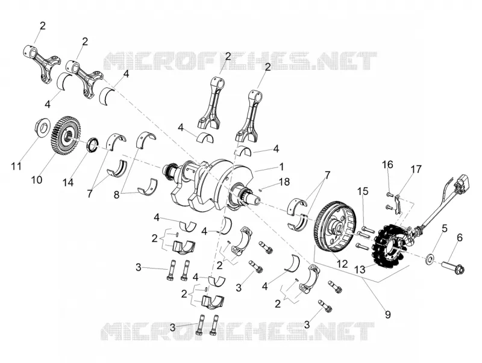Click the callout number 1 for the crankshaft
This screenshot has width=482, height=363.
coord(281,167)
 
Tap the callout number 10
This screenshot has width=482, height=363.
coord(37,179)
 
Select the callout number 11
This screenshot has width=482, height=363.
coord(16,167)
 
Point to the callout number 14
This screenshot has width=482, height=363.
coord(68,182)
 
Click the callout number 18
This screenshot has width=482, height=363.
coord(284,182)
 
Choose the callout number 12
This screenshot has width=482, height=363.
coord(342,264)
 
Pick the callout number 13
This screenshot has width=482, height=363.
coord(360,270)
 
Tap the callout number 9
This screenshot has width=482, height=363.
coord(388,314)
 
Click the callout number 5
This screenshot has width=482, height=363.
coord(445,229)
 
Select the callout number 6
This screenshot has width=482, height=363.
coord(460,237)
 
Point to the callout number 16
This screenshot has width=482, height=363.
coord(387,164)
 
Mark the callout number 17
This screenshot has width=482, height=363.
coord(416,169)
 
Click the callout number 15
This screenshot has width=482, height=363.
coord(363,191)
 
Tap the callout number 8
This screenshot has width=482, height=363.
coord(116,194)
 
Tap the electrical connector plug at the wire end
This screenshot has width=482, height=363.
coord(460,183)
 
